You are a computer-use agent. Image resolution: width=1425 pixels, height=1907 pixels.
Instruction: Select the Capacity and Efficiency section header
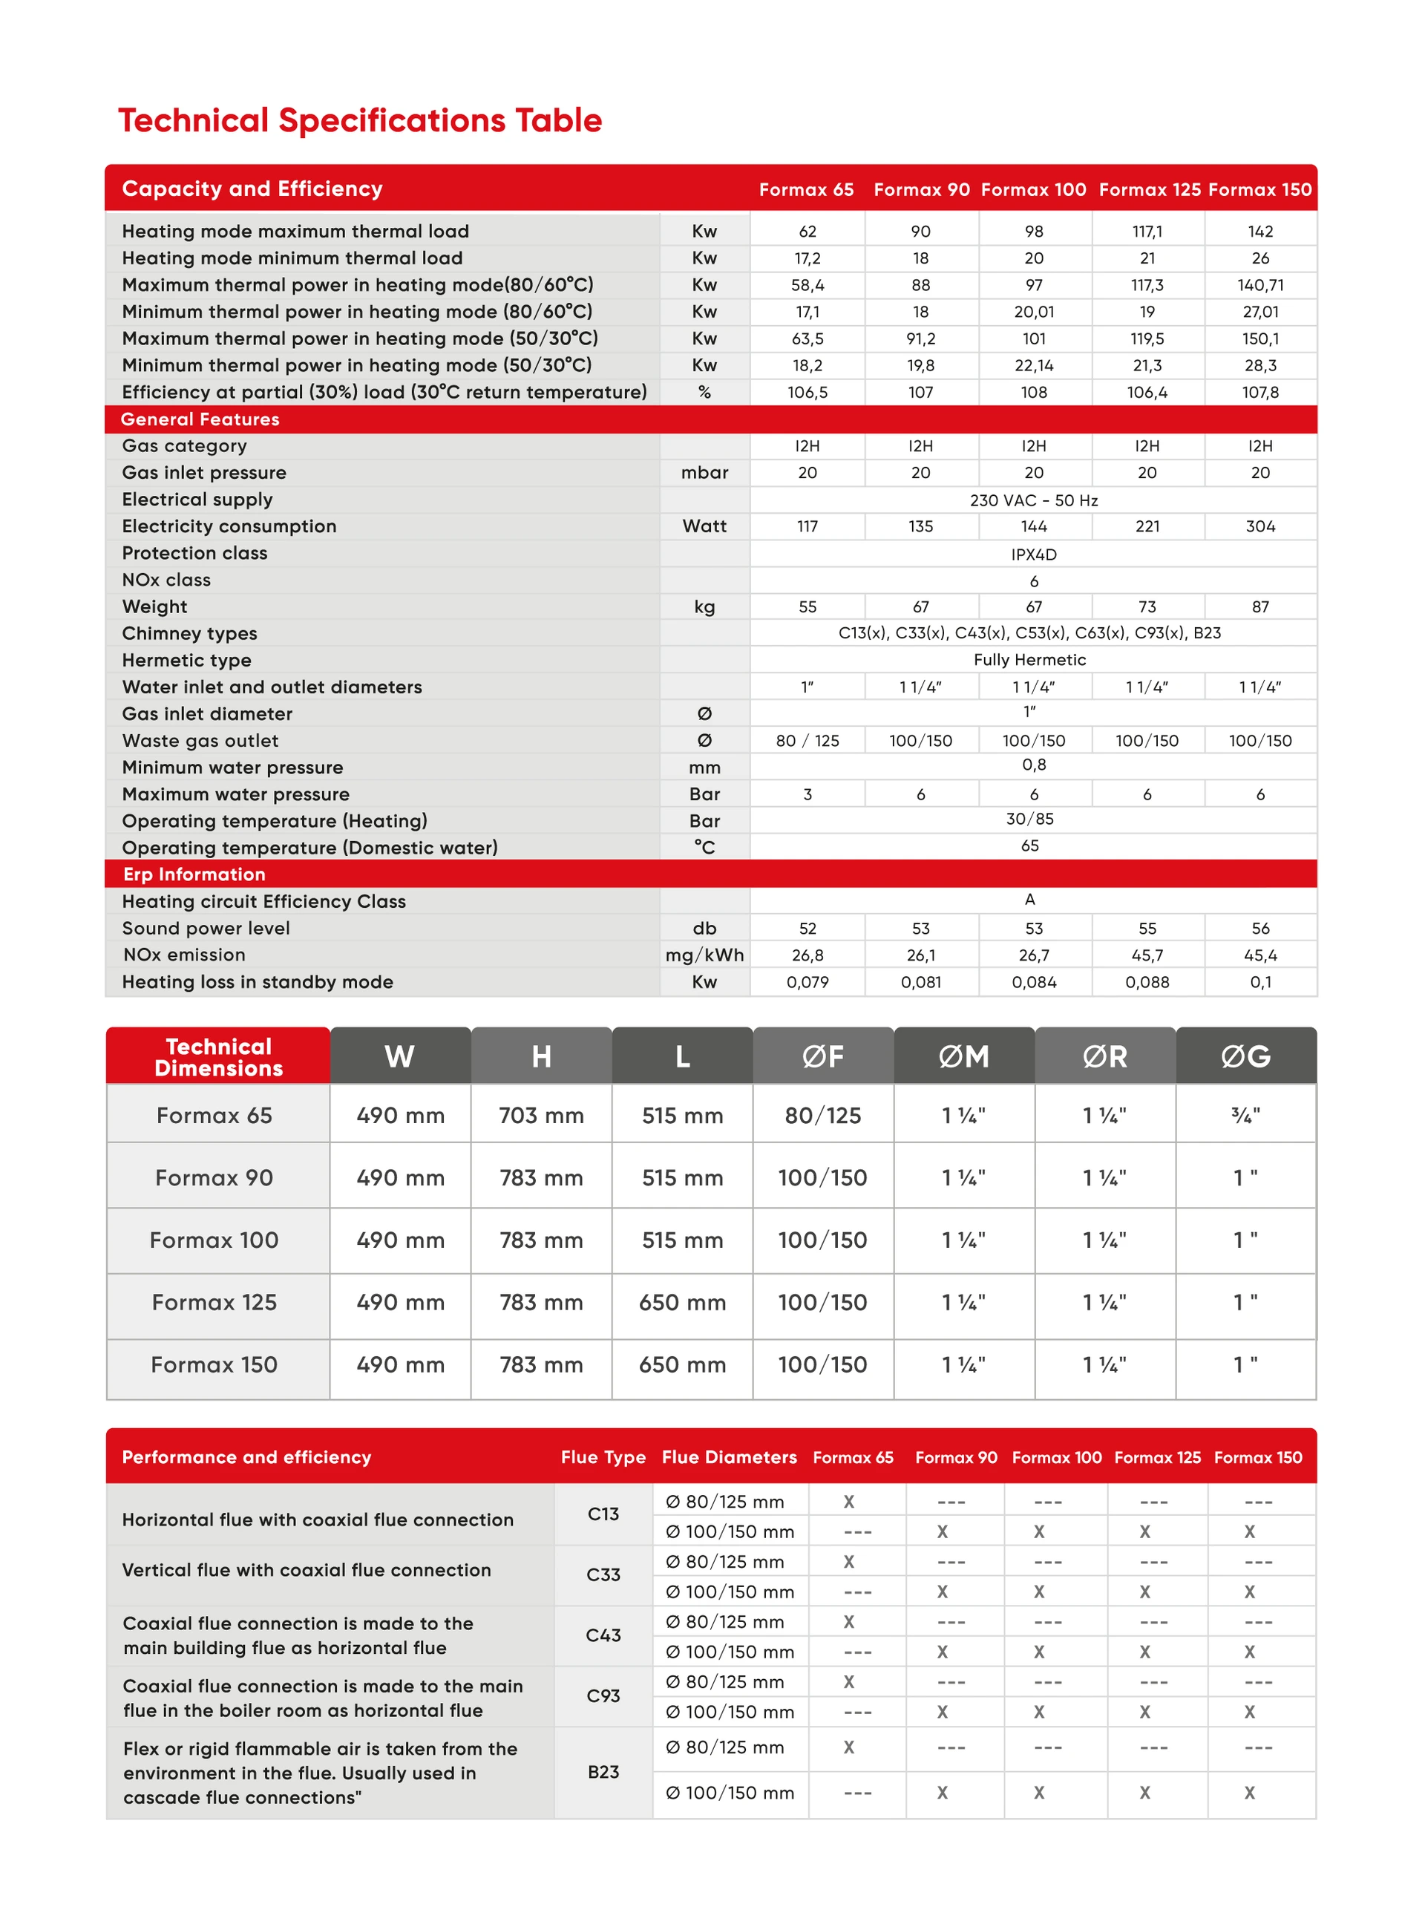252,189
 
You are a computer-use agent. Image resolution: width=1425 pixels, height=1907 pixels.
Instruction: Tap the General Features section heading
200,419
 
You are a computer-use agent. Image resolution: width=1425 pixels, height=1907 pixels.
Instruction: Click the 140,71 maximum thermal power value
1259,285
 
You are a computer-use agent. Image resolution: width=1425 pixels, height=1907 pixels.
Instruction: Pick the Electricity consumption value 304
1259,526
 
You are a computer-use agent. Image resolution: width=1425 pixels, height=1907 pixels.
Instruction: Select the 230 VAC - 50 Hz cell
1033,500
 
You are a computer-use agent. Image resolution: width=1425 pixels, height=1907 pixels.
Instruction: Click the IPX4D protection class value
1033,555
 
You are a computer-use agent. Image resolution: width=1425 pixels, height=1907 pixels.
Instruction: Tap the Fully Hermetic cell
1029,659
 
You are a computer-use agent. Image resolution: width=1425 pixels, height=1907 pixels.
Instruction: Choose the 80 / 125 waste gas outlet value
807,741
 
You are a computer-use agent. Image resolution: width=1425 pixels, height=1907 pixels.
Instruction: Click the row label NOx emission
183,955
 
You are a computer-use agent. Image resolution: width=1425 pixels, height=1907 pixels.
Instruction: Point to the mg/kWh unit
704,955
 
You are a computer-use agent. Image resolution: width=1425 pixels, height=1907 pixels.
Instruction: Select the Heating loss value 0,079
807,982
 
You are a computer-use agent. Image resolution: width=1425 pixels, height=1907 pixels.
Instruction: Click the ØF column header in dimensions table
822,1056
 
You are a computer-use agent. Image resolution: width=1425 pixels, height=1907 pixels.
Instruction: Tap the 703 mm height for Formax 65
540,1116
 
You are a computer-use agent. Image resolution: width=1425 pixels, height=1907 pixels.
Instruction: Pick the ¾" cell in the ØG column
1245,1116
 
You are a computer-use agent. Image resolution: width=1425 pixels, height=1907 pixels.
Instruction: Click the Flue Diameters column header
728,1457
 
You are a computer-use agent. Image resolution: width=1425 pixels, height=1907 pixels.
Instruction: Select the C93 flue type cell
603,1695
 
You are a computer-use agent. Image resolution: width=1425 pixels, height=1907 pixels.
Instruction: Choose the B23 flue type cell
603,1772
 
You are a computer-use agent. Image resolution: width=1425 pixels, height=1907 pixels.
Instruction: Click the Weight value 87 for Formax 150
1259,607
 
